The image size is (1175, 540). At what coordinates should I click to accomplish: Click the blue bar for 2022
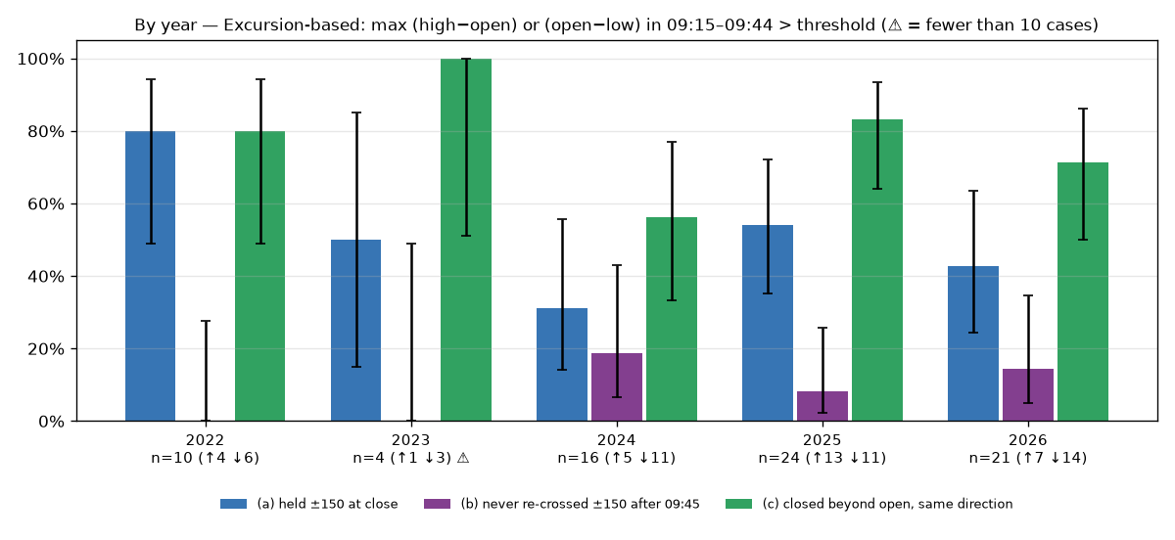click(150, 276)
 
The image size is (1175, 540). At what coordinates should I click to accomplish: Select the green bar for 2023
click(466, 240)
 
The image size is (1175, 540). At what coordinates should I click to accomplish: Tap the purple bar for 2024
click(617, 387)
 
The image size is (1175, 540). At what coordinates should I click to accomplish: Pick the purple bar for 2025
click(822, 406)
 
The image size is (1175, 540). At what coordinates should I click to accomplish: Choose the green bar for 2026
click(1083, 292)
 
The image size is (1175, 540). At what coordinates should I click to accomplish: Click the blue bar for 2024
click(562, 365)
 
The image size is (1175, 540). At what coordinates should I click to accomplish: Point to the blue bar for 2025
click(768, 323)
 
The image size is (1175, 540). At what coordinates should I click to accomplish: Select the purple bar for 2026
click(1028, 395)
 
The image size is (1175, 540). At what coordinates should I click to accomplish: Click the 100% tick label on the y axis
click(41, 60)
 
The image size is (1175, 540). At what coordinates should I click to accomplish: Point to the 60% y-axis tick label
click(46, 203)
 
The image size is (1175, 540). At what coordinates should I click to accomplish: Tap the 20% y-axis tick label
click(46, 348)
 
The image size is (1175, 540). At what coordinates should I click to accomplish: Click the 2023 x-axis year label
click(410, 440)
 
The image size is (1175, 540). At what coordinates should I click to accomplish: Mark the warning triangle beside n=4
click(463, 458)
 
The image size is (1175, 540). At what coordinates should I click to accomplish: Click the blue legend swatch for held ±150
click(233, 504)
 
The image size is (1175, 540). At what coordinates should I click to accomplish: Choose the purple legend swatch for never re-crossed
click(437, 504)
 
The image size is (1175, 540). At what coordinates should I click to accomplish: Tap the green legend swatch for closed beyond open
click(738, 504)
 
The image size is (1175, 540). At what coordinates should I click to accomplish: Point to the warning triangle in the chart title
click(895, 25)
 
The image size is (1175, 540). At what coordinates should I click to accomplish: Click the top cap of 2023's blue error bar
click(356, 112)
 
